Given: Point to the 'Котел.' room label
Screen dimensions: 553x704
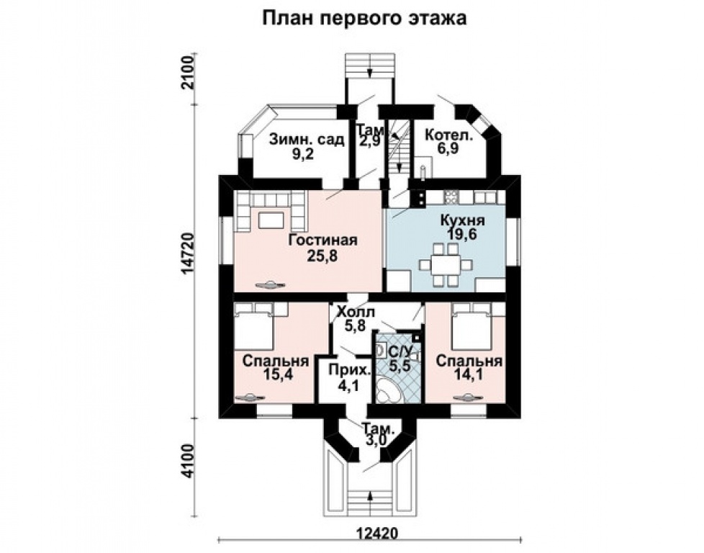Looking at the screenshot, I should tap(448, 135).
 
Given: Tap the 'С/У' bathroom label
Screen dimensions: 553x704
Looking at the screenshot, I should tap(400, 352).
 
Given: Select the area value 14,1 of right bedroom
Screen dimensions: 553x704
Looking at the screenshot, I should tap(469, 374).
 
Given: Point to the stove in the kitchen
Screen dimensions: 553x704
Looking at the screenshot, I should tap(451, 197).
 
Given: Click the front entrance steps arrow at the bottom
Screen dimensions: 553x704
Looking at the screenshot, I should tap(369, 496).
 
